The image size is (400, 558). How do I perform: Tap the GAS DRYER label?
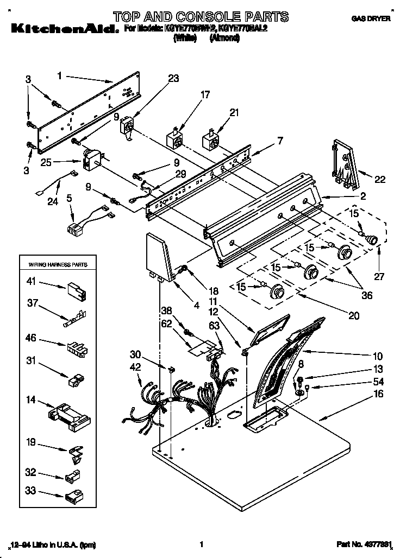coord(372,19)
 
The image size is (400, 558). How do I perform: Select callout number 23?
coord(173,78)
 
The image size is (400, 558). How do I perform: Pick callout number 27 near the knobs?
coord(379,276)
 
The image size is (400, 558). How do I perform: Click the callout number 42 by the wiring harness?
coord(135,366)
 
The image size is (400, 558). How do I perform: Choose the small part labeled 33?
coord(73,496)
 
